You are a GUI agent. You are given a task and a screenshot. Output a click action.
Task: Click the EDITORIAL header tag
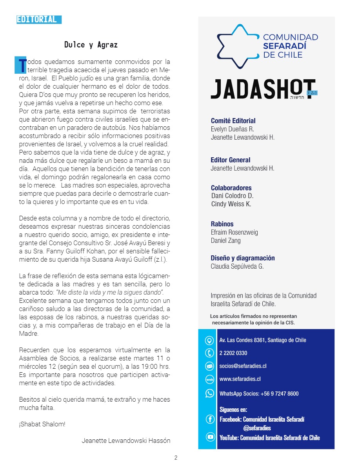click(x=39, y=19)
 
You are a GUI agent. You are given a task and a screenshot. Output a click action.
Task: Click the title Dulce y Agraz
click(x=91, y=45)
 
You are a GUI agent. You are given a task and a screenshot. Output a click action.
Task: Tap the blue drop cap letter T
click(x=20, y=66)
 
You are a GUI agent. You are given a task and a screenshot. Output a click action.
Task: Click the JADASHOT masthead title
click(x=263, y=89)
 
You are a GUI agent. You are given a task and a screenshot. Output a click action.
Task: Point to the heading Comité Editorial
click(x=233, y=121)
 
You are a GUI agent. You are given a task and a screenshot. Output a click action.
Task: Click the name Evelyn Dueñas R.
click(x=233, y=129)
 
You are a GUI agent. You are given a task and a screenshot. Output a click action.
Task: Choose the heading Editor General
click(x=230, y=160)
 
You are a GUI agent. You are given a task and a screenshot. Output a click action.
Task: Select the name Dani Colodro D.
click(x=232, y=196)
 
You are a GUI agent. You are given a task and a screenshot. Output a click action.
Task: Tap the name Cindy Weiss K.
click(x=231, y=204)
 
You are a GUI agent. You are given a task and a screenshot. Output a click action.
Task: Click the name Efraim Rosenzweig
click(x=234, y=232)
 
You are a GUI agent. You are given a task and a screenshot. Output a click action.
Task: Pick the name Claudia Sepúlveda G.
click(x=237, y=266)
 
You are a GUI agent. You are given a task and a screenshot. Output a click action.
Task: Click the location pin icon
click(x=209, y=340)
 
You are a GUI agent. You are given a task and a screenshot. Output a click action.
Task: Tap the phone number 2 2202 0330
click(x=233, y=353)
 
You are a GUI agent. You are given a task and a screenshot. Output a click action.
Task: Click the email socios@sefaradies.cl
click(x=243, y=366)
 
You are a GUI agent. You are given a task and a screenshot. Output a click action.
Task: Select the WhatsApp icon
click(x=209, y=393)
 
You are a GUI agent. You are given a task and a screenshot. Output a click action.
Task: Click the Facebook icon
click(x=210, y=419)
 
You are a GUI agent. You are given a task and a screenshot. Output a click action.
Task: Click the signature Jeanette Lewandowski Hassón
click(x=126, y=441)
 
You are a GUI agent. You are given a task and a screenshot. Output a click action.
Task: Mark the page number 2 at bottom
click(x=176, y=457)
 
